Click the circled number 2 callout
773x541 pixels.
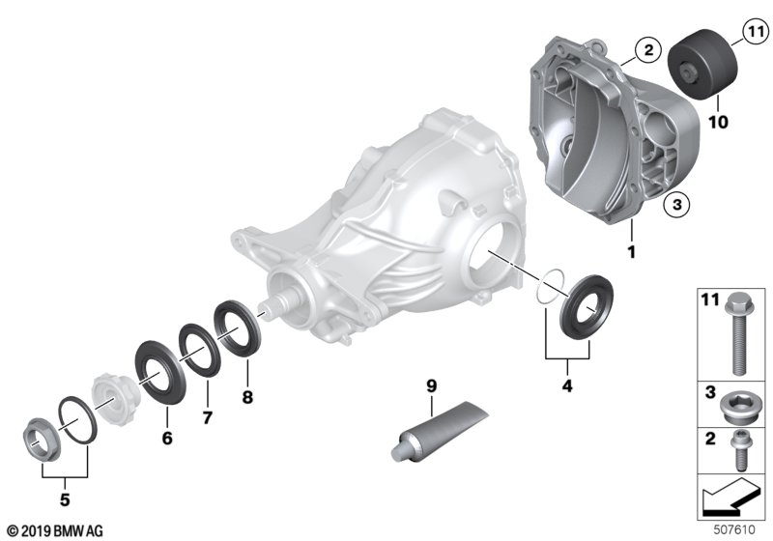pos(647,50)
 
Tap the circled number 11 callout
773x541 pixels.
pos(756,33)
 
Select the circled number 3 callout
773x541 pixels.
pos(676,204)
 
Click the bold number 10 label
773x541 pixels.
pos(718,122)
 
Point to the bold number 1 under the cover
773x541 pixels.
pos(631,251)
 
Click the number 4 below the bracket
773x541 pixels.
pos(567,385)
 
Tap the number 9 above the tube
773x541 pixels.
pos(431,385)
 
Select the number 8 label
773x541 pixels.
pos(247,397)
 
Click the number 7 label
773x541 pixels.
pos(208,417)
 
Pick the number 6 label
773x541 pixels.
pos(167,438)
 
